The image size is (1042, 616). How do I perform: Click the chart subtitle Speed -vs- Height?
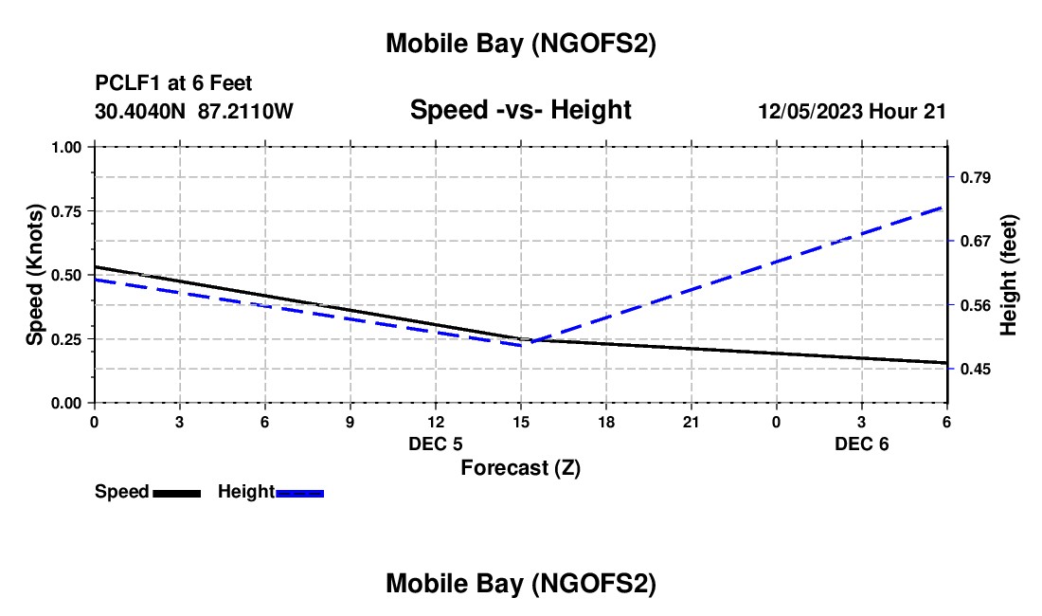[520, 110]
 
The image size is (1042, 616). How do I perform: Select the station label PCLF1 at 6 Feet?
[173, 83]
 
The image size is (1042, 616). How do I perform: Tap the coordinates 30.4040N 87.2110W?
[194, 112]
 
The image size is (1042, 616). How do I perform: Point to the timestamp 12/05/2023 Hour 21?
[852, 112]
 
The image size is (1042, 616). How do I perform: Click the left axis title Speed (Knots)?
[35, 274]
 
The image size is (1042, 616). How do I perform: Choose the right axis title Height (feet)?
[1008, 275]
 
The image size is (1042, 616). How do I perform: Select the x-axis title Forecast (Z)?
[520, 467]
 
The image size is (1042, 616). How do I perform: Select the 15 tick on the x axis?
[520, 420]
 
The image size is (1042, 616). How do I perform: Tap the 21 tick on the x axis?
[691, 420]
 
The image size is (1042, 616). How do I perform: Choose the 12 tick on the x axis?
[435, 420]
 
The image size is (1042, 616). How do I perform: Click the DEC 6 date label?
[861, 444]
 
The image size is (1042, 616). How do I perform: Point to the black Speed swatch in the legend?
[176, 493]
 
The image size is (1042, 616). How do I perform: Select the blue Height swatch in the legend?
[300, 493]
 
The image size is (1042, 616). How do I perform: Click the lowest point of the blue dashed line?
[522, 344]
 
